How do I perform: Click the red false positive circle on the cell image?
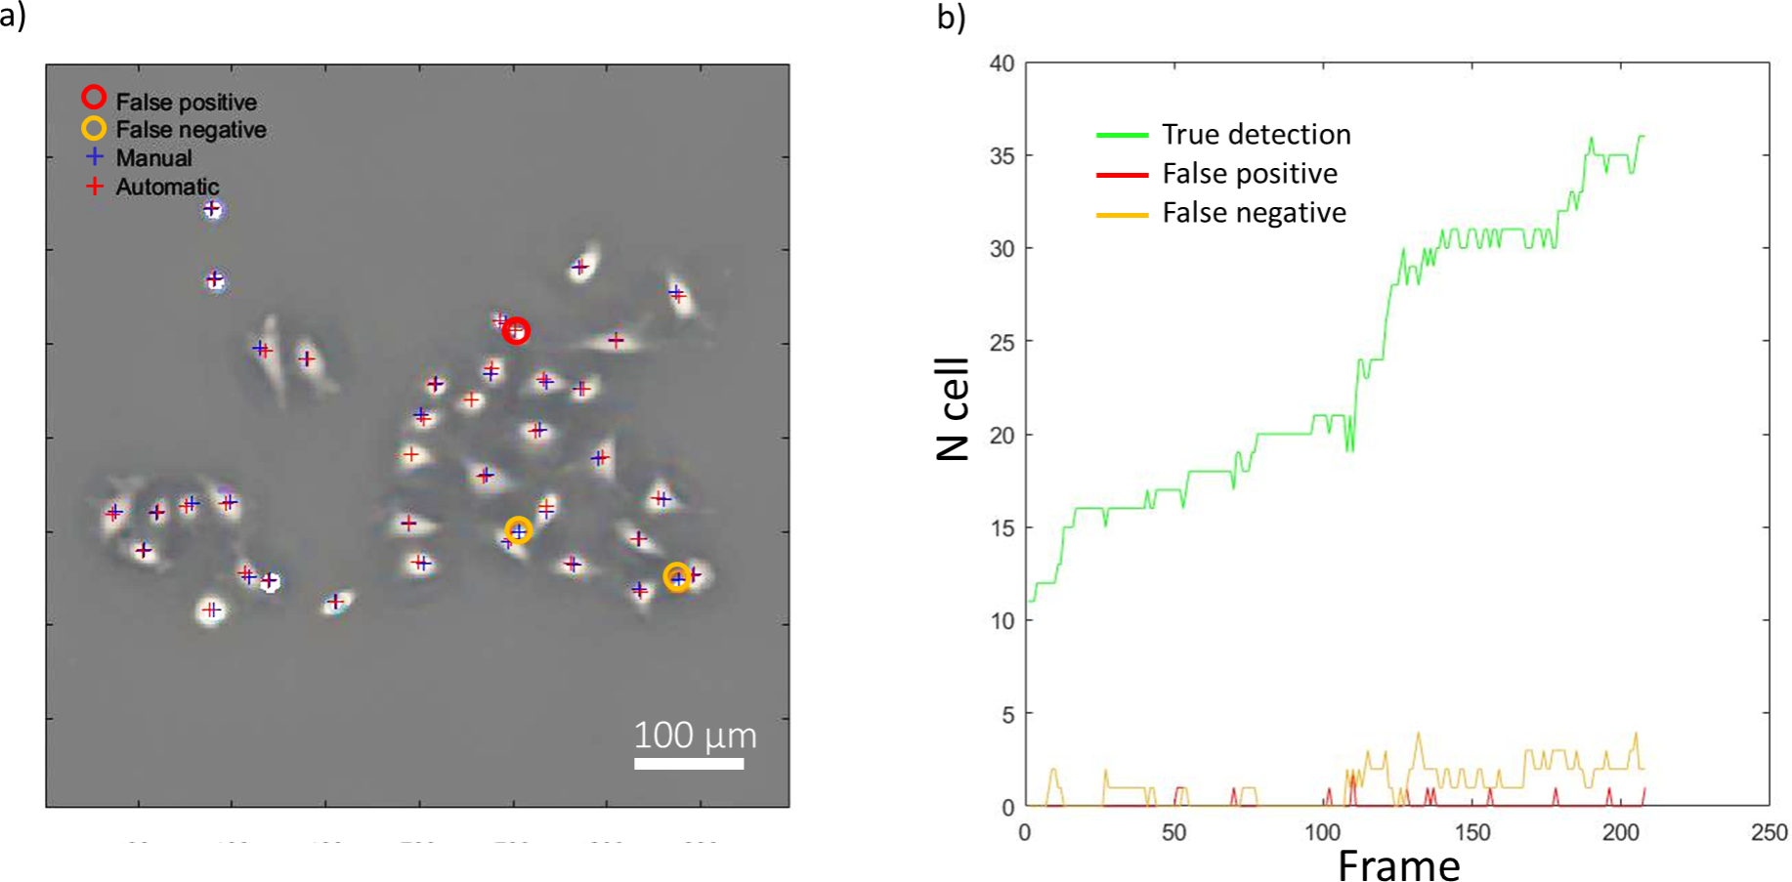coord(516,332)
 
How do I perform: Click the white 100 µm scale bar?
coord(689,763)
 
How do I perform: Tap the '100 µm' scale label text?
coord(695,735)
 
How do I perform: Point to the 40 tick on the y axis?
coord(1002,63)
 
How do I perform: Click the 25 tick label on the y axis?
coord(1002,342)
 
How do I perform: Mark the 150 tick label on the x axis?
coord(1472,832)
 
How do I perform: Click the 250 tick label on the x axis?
coord(1770,832)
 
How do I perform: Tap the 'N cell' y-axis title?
coord(953,408)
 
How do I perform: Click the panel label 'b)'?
coord(951,18)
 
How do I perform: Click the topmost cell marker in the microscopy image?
coord(212,209)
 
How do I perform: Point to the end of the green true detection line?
coord(1644,137)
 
